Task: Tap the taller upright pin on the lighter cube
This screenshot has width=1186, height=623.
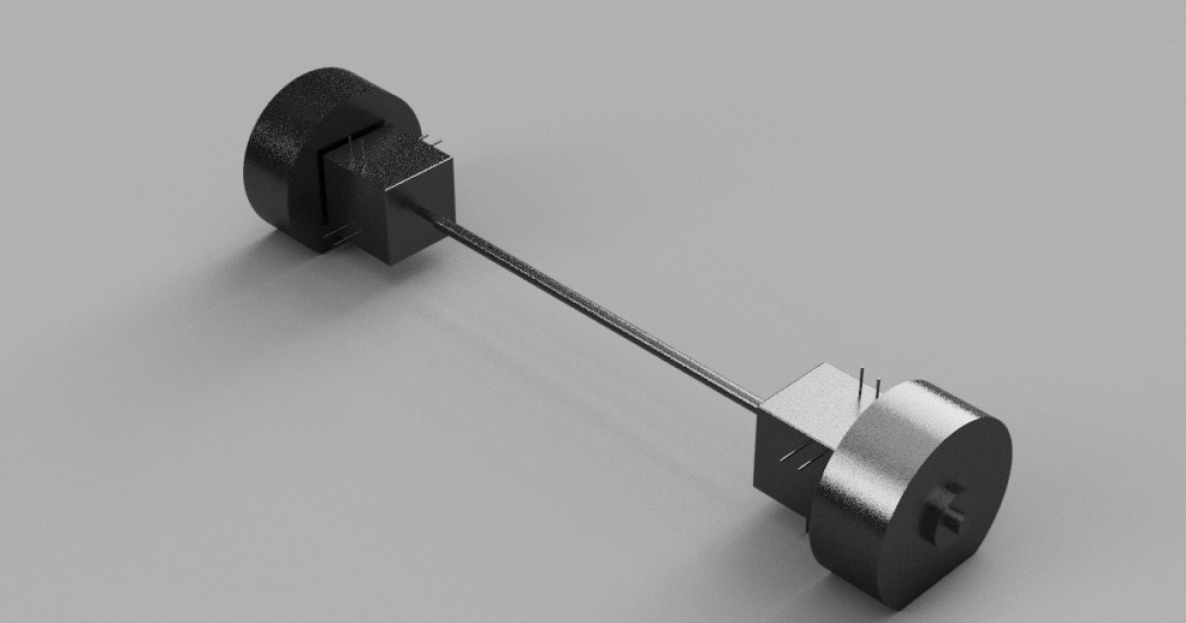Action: tap(863, 382)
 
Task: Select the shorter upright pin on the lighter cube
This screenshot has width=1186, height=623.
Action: tap(876, 389)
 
